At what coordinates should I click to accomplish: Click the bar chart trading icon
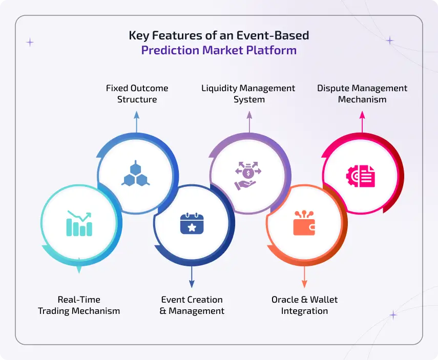[x=79, y=224]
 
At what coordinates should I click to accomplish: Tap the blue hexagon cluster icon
[x=135, y=173]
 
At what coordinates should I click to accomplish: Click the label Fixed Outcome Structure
[x=137, y=94]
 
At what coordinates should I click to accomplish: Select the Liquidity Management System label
[x=248, y=94]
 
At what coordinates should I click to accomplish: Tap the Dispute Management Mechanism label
[x=362, y=94]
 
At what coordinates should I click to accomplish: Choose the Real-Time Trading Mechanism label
[x=79, y=305]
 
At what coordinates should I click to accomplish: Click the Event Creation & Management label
[x=192, y=305]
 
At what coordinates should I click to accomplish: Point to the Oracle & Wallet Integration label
[x=304, y=305]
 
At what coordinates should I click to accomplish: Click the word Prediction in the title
[x=170, y=50]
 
